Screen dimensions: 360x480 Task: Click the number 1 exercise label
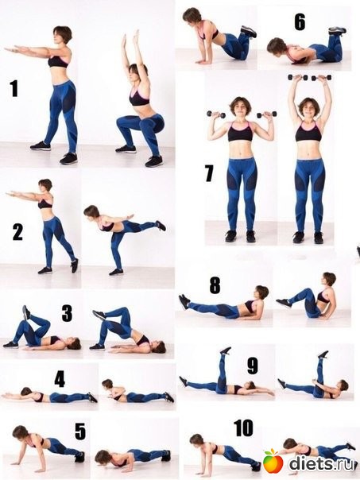coord(14,88)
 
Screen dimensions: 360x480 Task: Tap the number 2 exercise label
coord(17,232)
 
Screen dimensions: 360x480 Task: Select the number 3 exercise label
coord(67,313)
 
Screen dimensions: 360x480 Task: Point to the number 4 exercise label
coord(60,380)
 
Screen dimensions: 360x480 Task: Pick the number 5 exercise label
coord(80,432)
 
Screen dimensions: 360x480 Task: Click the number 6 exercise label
coord(300,22)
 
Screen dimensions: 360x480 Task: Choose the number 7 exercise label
coord(209,173)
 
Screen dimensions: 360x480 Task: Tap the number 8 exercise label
coord(215,285)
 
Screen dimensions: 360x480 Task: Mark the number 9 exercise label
coord(253,366)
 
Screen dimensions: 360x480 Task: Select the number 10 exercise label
coord(243,428)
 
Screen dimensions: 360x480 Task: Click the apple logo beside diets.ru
coord(273,461)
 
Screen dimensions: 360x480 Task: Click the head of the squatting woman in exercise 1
coord(135,71)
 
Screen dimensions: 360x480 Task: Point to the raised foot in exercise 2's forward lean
coord(161,226)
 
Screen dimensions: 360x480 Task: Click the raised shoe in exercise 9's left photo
coord(226,350)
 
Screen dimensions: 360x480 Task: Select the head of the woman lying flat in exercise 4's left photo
coord(26,392)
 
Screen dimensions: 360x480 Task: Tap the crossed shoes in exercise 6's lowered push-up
coord(337,31)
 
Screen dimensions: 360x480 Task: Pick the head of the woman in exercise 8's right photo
coord(329,279)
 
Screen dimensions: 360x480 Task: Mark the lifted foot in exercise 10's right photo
coord(351,446)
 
